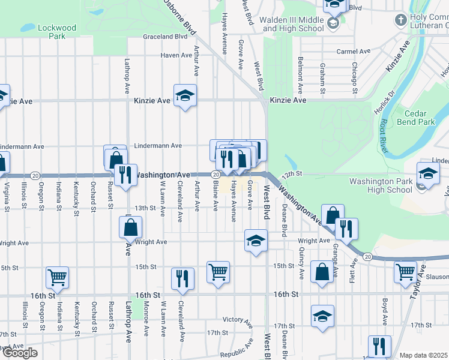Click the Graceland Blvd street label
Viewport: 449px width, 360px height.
[165, 37]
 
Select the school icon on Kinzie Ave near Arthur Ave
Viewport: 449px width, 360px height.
[185, 95]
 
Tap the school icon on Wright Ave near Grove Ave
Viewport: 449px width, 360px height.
[256, 240]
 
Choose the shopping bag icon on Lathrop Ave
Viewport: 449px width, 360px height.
[130, 228]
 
